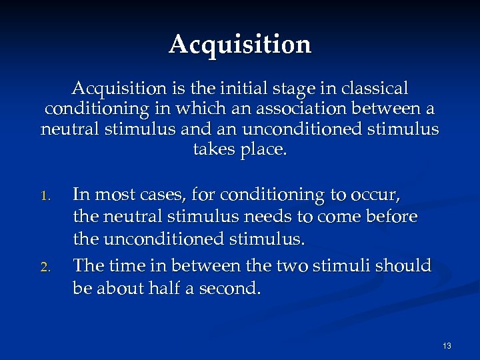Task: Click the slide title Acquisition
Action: coord(240,45)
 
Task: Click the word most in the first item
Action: coord(110,195)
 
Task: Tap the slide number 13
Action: coord(446,346)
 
